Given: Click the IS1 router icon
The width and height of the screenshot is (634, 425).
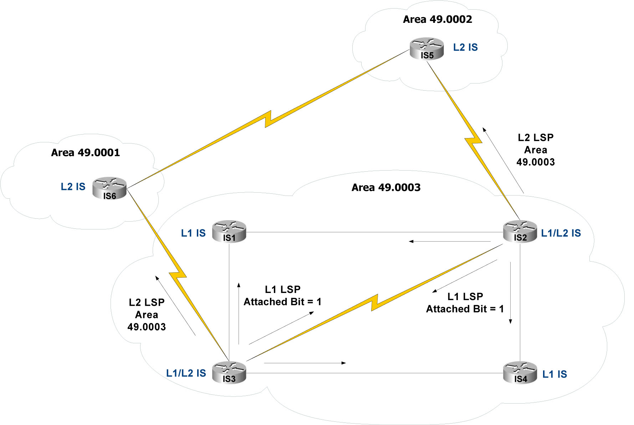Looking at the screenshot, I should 229,232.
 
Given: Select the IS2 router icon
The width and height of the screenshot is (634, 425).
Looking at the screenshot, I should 520,232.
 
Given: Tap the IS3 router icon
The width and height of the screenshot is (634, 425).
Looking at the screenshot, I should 229,373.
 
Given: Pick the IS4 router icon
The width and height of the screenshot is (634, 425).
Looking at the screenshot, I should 520,373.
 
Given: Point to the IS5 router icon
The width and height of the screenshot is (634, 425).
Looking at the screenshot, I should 427,49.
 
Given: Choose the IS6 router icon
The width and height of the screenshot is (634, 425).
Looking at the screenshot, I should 109,188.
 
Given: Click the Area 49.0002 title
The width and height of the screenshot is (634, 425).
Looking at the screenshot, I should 437,19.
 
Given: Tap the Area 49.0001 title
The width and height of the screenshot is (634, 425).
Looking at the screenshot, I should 85,153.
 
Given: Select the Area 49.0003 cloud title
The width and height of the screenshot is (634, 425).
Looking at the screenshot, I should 386,187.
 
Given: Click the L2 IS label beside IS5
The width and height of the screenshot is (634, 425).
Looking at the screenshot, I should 465,47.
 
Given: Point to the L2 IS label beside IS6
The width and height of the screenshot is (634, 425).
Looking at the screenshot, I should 73,187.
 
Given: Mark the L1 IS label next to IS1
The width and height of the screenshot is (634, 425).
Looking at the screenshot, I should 193,233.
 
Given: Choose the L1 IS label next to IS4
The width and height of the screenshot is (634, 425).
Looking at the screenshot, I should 554,374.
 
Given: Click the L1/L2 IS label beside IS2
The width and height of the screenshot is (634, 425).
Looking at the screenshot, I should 561,233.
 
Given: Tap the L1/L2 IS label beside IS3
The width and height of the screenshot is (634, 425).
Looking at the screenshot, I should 186,373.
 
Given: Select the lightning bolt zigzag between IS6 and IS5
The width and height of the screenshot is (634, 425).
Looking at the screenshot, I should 268,119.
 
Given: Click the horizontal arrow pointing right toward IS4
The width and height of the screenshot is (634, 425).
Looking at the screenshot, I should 305,363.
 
